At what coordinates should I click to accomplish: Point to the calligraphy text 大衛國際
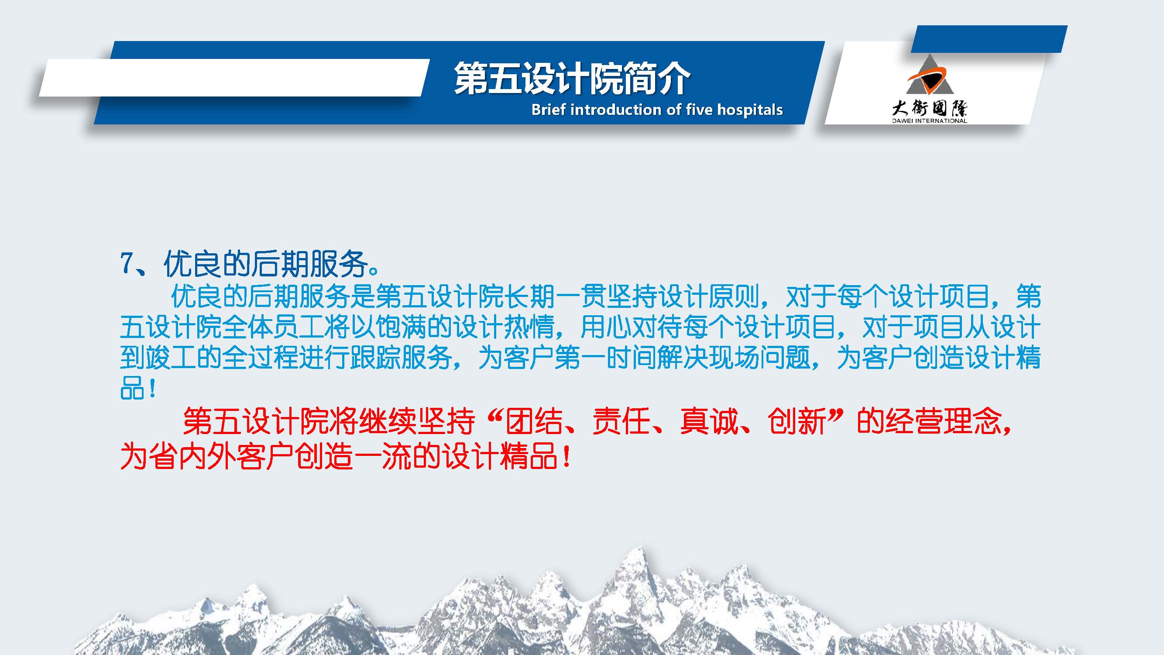(930, 108)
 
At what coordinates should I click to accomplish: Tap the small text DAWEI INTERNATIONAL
(930, 121)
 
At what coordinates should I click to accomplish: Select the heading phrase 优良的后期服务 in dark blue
(265, 264)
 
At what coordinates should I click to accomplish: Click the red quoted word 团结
(534, 421)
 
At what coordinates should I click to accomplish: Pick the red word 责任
(621, 421)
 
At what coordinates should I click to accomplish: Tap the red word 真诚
(708, 421)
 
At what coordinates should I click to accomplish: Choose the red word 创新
(796, 421)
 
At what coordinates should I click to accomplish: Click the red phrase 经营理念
(944, 421)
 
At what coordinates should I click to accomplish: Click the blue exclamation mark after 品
(152, 388)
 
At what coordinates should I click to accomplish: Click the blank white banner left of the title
(234, 77)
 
